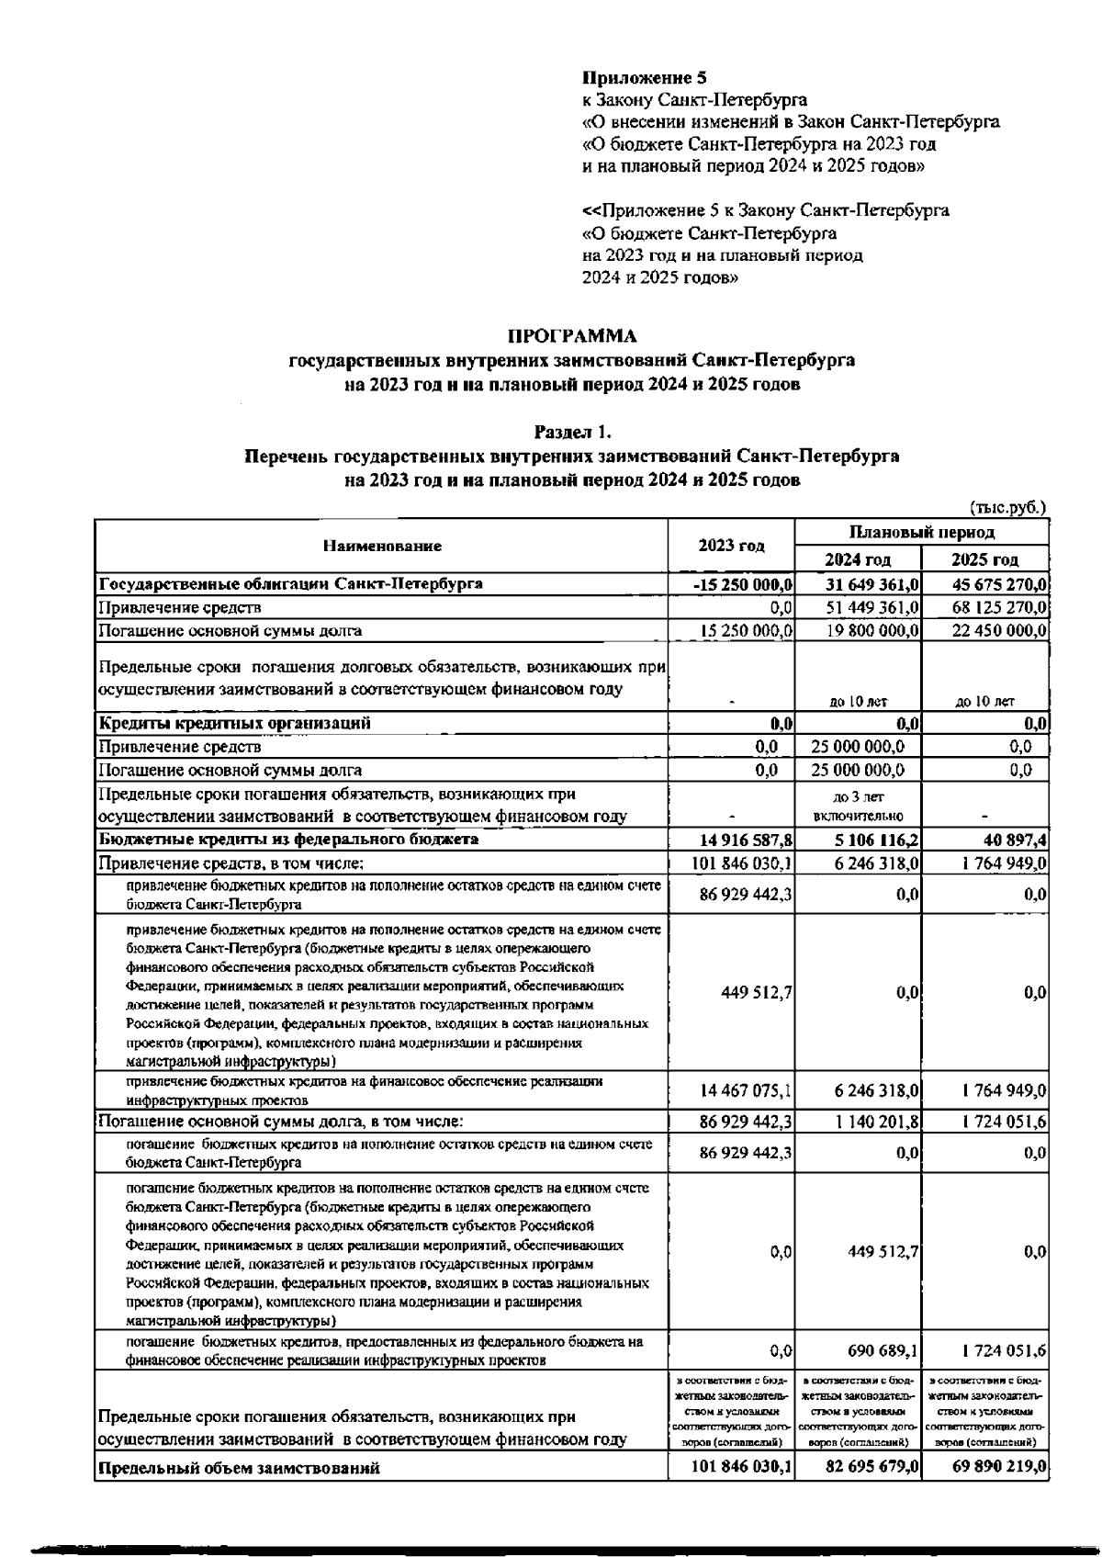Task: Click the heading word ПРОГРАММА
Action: tap(571, 335)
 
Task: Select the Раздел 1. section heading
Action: tap(572, 432)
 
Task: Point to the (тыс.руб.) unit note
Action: tap(1008, 506)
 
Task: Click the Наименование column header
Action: tap(382, 546)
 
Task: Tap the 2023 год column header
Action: tap(731, 546)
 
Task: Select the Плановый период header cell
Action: tap(921, 533)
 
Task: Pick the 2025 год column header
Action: tap(984, 559)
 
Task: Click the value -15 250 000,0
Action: tap(744, 584)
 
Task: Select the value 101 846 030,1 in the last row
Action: tap(741, 1467)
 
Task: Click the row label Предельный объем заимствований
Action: tap(239, 1468)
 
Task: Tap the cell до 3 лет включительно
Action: tap(858, 806)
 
